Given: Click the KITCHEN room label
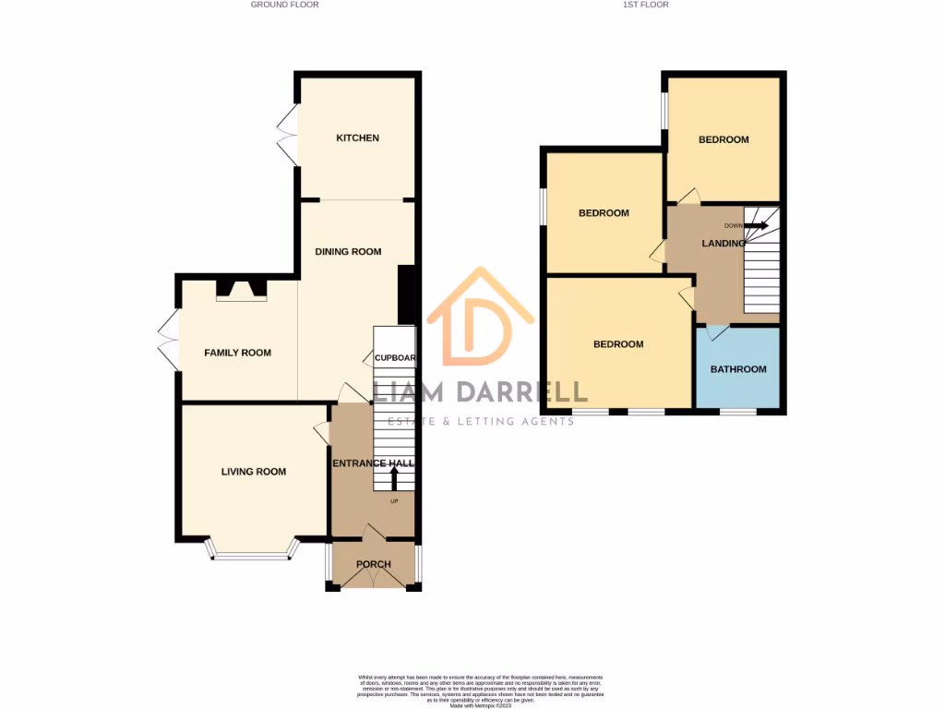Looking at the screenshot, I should point(357,138).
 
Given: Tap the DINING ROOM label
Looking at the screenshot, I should point(348,252).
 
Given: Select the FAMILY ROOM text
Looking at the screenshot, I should point(238,353).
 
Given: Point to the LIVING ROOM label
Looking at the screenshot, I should point(254,472).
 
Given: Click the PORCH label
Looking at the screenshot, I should point(373,564).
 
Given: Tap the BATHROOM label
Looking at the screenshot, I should point(738,369).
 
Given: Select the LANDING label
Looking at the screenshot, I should point(724,244).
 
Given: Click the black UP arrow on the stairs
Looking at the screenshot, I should point(395,478).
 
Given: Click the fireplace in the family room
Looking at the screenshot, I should point(241,291).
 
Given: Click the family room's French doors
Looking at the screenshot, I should point(168,341).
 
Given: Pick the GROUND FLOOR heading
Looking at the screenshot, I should point(284,5).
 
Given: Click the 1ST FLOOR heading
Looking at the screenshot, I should point(646,5).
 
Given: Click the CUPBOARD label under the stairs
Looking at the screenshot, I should point(394,358).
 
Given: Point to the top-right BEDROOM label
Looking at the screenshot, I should point(724,140).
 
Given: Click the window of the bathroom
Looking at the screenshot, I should point(738,412).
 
